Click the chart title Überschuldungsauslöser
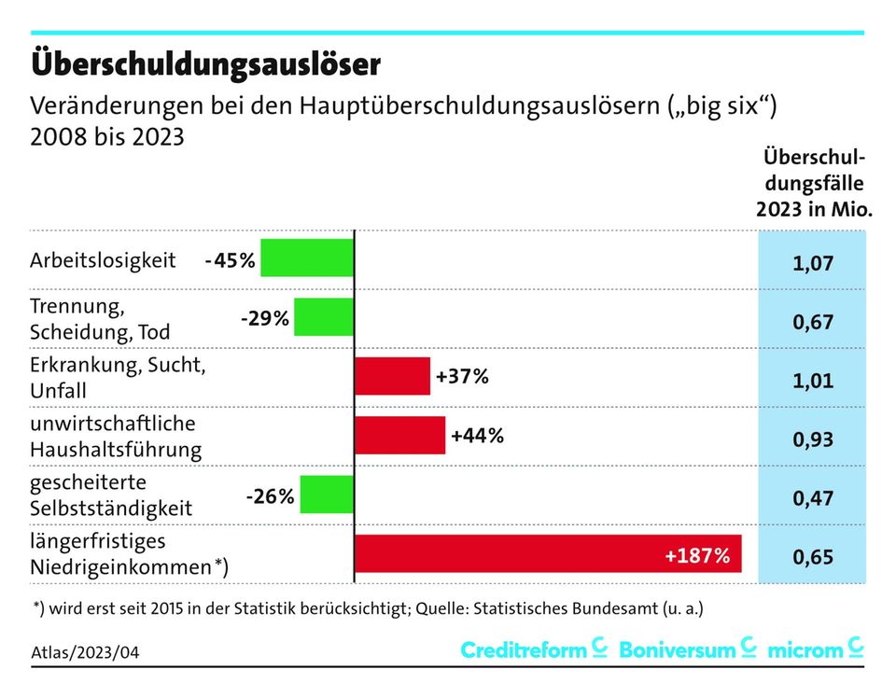tap(205, 63)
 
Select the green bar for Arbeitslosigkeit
tap(307, 258)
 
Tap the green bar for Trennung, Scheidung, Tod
tap(324, 317)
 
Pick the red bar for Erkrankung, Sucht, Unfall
tap(393, 376)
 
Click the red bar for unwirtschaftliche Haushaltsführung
tap(400, 435)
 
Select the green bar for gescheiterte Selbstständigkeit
tap(327, 495)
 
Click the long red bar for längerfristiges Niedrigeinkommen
tap(548, 554)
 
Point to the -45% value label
tap(230, 260)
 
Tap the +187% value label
tap(697, 556)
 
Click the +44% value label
tap(477, 435)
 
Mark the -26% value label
tap(270, 496)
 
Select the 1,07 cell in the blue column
tap(812, 263)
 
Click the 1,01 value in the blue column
tap(812, 382)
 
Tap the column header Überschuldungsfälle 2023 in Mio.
tap(813, 183)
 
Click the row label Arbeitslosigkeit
tap(103, 260)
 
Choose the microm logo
tap(815, 649)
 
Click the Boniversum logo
tap(687, 649)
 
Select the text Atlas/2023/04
tap(85, 649)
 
